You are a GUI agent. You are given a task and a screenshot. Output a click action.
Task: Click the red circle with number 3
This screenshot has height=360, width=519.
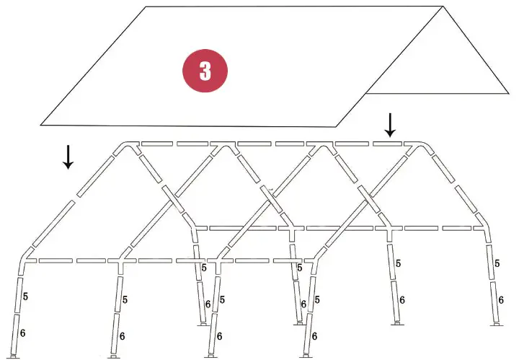coord(205,71)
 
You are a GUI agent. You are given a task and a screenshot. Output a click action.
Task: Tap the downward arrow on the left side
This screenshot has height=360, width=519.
coord(68,157)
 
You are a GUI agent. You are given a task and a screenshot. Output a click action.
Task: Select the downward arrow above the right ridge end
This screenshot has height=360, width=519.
coord(390,124)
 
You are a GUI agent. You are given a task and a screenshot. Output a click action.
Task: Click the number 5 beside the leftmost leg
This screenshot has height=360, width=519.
coord(25,297)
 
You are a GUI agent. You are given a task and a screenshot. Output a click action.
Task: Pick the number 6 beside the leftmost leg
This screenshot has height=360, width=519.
coord(23,333)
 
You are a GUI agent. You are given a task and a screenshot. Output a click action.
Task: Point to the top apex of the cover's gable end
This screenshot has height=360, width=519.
coord(442,7)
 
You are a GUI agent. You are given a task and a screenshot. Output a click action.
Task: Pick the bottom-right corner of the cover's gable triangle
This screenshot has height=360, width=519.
coord(510,93)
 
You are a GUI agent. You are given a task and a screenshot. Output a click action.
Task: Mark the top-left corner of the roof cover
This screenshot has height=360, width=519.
coord(147,7)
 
